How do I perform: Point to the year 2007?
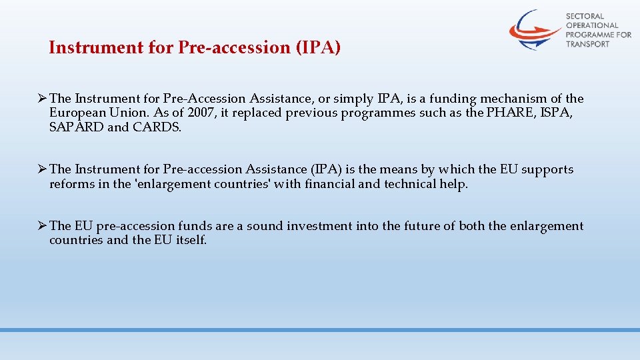pos(201,113)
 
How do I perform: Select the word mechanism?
pos(511,99)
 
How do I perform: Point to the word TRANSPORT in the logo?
pos(587,44)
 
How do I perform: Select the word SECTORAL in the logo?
pos(585,16)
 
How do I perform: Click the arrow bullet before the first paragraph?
pos(41,99)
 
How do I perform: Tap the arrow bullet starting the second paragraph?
pos(41,169)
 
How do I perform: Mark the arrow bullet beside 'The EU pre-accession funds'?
pos(41,226)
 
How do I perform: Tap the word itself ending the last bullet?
pos(191,240)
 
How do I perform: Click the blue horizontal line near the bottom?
pos(320,330)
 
